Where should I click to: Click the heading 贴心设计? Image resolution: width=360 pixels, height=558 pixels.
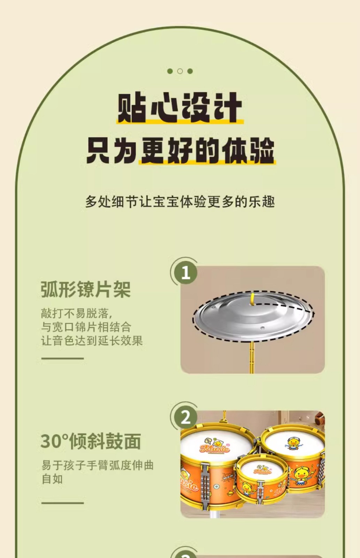pos(180,107)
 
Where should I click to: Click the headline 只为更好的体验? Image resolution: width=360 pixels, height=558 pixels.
pos(180,151)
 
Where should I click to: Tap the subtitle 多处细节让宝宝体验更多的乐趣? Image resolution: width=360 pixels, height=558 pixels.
pos(180,202)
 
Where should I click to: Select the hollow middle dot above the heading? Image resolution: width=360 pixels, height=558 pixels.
pos(180,71)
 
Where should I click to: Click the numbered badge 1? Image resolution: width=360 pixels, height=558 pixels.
pos(185,272)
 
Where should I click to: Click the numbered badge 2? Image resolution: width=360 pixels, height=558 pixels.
pos(185,417)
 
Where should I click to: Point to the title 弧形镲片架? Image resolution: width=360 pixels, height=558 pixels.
pos(86,289)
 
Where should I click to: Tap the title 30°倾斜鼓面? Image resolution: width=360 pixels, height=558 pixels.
pos(91,441)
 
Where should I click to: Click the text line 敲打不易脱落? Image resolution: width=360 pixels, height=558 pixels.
pos(77,313)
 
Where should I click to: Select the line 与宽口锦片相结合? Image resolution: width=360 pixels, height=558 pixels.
pos(86,327)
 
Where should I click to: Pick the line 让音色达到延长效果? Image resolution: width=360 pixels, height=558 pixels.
pos(92,340)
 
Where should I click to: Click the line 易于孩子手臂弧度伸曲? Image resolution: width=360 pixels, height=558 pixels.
pos(97,465)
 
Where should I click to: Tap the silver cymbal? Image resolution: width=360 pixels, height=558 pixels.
pos(253,316)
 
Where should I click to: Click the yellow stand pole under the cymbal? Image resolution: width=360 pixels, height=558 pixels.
pos(252,357)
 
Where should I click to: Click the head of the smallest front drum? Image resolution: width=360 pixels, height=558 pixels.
pos(262,469)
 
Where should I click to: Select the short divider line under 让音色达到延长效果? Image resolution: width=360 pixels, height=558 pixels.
pos(62,359)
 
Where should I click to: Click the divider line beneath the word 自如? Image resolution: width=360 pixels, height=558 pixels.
pos(62,503)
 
